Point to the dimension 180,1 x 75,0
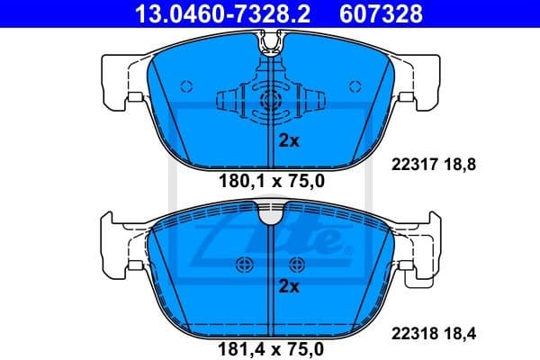pos(270,181)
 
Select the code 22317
pos(415,165)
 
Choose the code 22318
pos(415,332)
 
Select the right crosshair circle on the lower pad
pos(298,264)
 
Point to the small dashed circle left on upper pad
pos(186,87)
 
